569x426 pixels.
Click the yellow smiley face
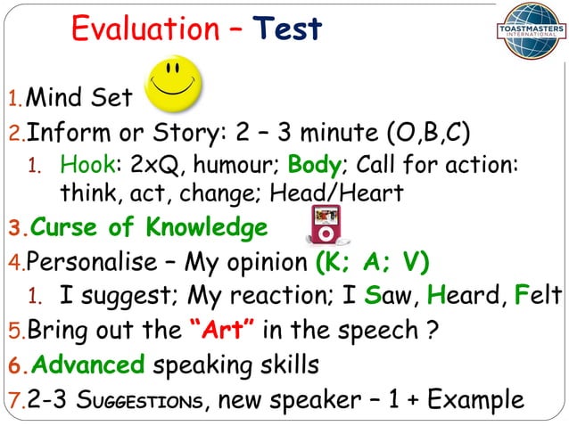tap(173, 85)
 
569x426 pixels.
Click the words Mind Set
tap(79, 96)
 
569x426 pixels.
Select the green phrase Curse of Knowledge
tap(149, 227)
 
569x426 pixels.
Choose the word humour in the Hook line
tap(234, 166)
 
